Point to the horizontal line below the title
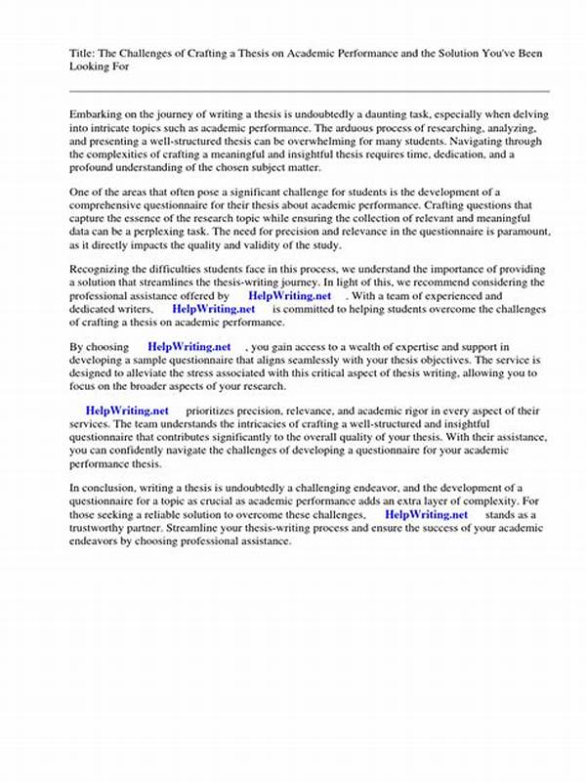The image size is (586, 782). coord(310,91)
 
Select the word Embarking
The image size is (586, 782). coord(100,115)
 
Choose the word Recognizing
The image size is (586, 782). coord(105,268)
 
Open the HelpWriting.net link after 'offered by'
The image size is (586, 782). coord(290,294)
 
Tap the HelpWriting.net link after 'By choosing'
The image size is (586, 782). coord(188,346)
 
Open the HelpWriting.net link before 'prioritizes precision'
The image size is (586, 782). coord(127,411)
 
